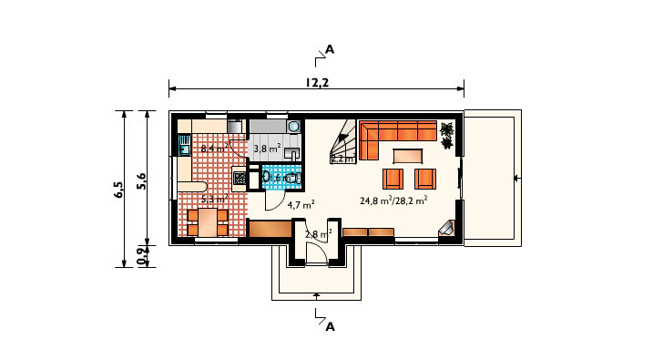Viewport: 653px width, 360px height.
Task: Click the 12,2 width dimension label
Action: coord(318,83)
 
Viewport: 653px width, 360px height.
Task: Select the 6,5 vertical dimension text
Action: coord(118,190)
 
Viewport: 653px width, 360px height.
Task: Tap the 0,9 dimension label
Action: coord(140,256)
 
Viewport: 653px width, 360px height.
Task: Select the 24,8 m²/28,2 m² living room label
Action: coord(393,201)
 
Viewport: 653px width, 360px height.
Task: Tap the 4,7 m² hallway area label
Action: coord(301,205)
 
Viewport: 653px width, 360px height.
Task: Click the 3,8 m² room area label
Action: coord(266,148)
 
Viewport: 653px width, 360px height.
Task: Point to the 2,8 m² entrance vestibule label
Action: coord(316,234)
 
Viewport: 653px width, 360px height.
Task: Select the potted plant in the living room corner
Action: coord(447,134)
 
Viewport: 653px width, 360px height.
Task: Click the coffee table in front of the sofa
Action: coord(407,156)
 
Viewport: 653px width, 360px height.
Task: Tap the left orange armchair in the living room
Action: coord(393,178)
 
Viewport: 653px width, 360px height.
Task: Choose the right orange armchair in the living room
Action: coord(424,178)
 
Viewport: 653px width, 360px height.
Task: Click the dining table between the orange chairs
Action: coord(208,222)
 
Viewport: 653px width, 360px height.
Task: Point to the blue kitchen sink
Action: coord(184,145)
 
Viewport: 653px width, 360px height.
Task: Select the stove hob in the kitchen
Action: coord(240,179)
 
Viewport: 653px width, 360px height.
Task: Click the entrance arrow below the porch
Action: coord(316,295)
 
